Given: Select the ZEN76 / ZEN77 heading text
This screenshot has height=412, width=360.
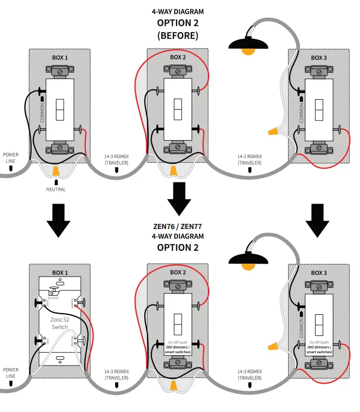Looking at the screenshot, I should point(178,226).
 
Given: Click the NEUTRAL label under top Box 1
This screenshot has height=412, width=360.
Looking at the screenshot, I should point(56,189).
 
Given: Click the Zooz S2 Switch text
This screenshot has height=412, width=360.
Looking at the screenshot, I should point(59,323).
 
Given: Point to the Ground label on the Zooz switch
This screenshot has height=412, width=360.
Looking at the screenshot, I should point(53,298).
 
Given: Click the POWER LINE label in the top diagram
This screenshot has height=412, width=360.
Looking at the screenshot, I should point(11,158).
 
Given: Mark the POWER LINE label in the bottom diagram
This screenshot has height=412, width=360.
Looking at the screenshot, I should point(11,373).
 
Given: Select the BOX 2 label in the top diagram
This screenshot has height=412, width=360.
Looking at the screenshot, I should point(178,57).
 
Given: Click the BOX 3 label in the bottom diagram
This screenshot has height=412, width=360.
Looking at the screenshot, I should point(319,272).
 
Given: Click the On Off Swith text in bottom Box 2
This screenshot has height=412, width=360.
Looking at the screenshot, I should point(178,342).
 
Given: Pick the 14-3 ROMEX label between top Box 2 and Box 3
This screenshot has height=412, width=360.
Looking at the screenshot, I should point(250,159).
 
